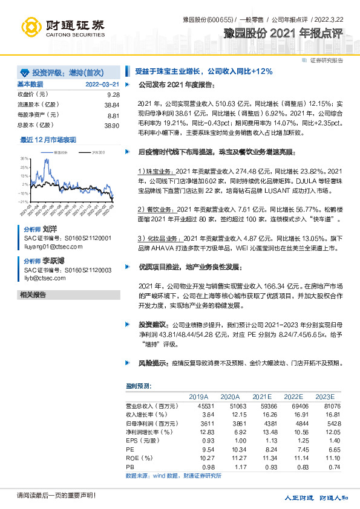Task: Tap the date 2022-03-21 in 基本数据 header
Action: (102, 84)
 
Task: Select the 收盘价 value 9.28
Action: (113, 95)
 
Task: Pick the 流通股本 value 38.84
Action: (112, 105)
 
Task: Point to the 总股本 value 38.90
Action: (112, 125)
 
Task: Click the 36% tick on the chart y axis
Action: (24, 157)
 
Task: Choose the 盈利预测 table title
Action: (139, 386)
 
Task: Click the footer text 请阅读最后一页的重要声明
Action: (56, 496)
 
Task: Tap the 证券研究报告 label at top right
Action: (326, 60)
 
